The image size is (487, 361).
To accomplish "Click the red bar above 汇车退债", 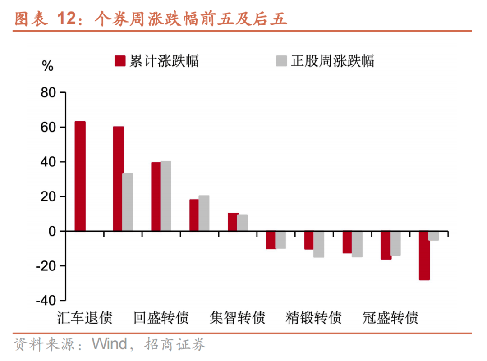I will coord(80,176).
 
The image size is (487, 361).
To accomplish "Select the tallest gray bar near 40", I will coord(165,196).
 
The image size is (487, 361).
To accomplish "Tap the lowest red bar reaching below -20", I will coord(424,256).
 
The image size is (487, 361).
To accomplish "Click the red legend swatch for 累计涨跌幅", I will coord(119,61).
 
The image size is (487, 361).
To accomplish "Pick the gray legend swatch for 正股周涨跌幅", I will coord(281,61).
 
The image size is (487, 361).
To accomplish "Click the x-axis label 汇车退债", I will coord(85,318).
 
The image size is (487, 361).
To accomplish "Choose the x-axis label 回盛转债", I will coord(161,318).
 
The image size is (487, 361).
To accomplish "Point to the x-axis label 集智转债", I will coord(237,318).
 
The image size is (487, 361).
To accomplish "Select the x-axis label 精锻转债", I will coord(314,318).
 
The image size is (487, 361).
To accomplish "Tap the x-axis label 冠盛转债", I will coord(391,318).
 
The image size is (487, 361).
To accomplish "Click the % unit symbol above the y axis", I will coord(47,67).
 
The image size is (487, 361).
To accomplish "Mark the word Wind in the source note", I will coord(109,344).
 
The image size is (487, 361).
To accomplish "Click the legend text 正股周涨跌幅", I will coord(332,61).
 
